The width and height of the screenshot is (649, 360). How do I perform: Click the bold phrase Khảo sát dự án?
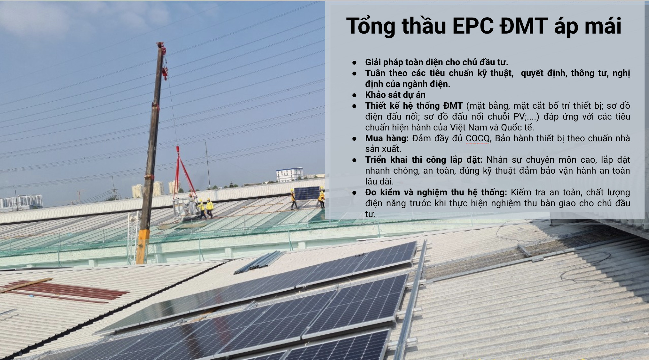click(395, 95)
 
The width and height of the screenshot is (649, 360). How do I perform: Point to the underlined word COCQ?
click(478, 138)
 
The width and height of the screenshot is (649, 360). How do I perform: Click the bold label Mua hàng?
click(387, 139)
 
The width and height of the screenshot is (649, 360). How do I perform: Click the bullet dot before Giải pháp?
click(354, 62)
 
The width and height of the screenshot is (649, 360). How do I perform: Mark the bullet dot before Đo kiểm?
click(354, 192)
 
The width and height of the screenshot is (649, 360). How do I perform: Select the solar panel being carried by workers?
click(307, 193)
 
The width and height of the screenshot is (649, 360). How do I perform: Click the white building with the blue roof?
click(289, 175)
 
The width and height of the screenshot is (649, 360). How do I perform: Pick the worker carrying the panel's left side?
click(293, 199)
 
